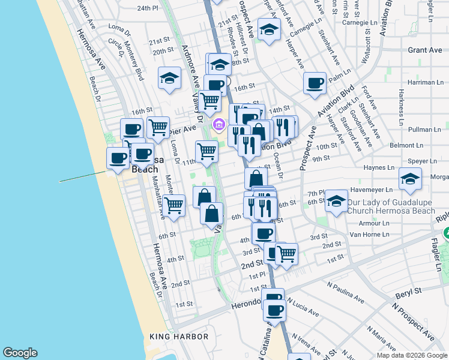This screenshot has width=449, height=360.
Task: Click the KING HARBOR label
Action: pyautogui.click(x=179, y=337)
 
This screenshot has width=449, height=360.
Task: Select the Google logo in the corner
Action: pyautogui.click(x=20, y=353)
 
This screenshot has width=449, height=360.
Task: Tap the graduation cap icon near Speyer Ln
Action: pyautogui.click(x=411, y=178)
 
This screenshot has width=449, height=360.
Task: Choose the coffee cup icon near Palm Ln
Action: pyautogui.click(x=315, y=83)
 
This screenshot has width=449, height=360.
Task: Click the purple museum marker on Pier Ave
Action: pyautogui.click(x=219, y=125)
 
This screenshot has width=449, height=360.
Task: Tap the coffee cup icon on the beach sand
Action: pyautogui.click(x=117, y=158)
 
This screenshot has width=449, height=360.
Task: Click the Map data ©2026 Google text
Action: pyautogui.click(x=412, y=355)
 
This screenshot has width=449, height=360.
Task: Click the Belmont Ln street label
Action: pyautogui.click(x=424, y=146)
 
